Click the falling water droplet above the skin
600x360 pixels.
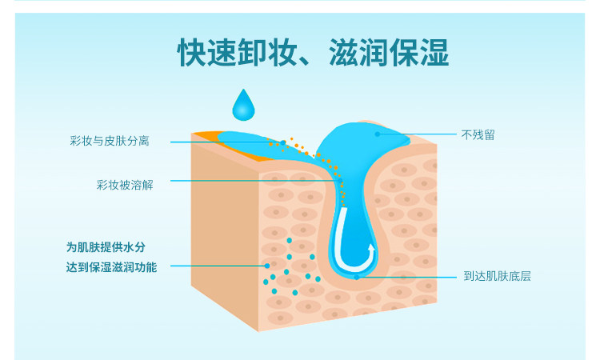(x=242, y=104)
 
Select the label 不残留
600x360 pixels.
(x=478, y=134)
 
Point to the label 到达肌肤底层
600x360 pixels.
(x=498, y=277)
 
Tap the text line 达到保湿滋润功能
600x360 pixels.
(x=111, y=267)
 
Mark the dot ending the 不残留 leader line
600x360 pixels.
(x=378, y=134)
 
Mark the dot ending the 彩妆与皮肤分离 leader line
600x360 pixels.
(x=283, y=142)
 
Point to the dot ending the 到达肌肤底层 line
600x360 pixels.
(x=357, y=277)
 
